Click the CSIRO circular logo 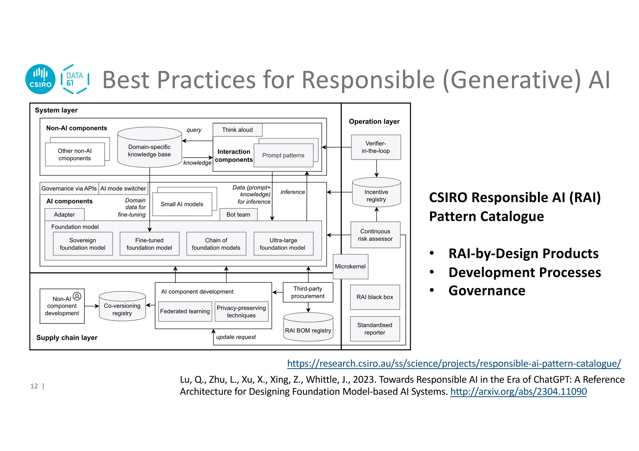tap(40, 79)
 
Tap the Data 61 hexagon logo tap(75, 79)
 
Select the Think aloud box tap(237, 130)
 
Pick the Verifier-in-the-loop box tap(376, 147)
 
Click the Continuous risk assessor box tap(375, 235)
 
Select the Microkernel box tap(350, 266)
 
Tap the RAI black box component tap(375, 297)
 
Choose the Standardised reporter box tap(375, 329)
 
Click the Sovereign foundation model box tap(83, 244)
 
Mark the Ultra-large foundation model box tap(283, 244)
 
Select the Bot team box tap(238, 214)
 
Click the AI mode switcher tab tap(123, 188)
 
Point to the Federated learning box tap(185, 311)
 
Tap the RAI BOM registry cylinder tap(308, 327)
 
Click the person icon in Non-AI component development tap(77, 296)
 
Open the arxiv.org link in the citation tap(518, 391)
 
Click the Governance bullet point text tap(487, 290)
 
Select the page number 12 tap(34, 386)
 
